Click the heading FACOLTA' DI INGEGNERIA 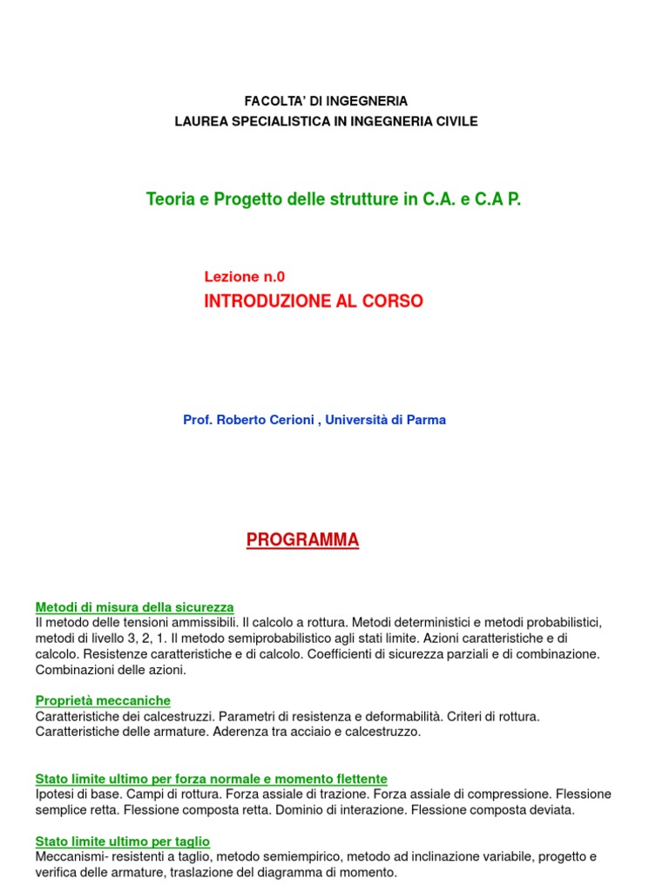coord(326,101)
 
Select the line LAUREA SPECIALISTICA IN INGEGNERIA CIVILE coord(326,121)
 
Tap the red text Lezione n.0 coord(245,277)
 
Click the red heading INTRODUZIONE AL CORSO coord(314,301)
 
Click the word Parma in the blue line coord(429,420)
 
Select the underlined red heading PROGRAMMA coord(302,541)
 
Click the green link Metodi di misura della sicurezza coord(134,606)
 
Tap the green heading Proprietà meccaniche coord(103,700)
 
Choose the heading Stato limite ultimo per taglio coord(122,841)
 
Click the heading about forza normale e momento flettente coord(211,778)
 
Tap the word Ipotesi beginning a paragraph coord(55,794)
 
